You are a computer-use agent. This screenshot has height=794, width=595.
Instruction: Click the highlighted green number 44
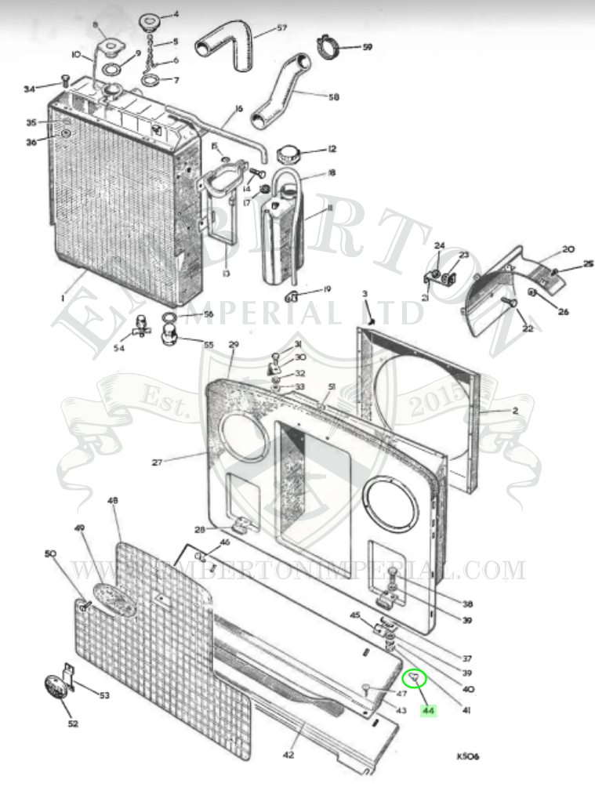[428, 711]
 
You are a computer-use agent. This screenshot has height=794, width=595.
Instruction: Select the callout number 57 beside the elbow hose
[281, 28]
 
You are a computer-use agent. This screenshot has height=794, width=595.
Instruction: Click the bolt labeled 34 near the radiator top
[65, 80]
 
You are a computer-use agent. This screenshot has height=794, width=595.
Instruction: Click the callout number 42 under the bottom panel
[288, 755]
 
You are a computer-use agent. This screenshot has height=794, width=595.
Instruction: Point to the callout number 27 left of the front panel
[157, 462]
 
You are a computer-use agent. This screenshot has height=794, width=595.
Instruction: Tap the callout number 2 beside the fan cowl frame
[492, 411]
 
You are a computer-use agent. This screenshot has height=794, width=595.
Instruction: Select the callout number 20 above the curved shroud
[568, 249]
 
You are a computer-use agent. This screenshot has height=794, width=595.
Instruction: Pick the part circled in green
[413, 679]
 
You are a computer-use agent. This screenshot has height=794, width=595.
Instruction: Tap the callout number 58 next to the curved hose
[333, 97]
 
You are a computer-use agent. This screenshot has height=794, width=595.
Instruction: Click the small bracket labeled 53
[69, 674]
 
